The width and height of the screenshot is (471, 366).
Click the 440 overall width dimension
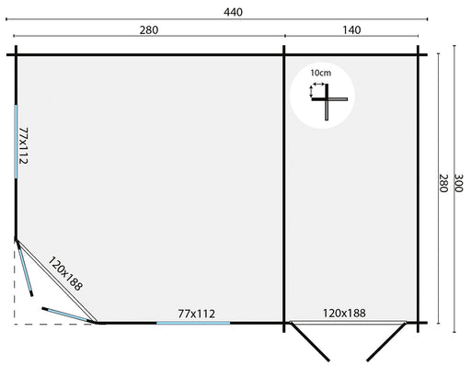point(233,12)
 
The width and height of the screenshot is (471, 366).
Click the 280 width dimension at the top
point(149,30)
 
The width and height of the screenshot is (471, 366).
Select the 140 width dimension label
point(351,30)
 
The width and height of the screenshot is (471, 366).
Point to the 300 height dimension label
point(458,183)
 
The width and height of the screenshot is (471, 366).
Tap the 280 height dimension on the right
point(443,183)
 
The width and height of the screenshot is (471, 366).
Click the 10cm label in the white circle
point(321,73)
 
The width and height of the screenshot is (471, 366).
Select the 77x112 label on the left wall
point(24,145)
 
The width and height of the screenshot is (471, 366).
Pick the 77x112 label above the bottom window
point(197,314)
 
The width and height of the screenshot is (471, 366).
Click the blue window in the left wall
point(16,142)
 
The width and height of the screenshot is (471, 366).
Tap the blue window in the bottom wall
point(193,323)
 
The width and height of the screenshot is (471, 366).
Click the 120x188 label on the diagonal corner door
point(65,273)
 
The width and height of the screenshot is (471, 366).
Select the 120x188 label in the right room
point(344,314)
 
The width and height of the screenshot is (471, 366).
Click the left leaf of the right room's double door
point(310,341)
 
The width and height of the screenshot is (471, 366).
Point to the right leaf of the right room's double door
point(386,341)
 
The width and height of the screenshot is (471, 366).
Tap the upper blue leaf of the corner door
point(25,268)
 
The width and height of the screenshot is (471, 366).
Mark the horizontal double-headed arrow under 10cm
point(318,84)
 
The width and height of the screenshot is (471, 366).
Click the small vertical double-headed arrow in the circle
point(311,91)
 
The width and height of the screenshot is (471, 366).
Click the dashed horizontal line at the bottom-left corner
point(53,324)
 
